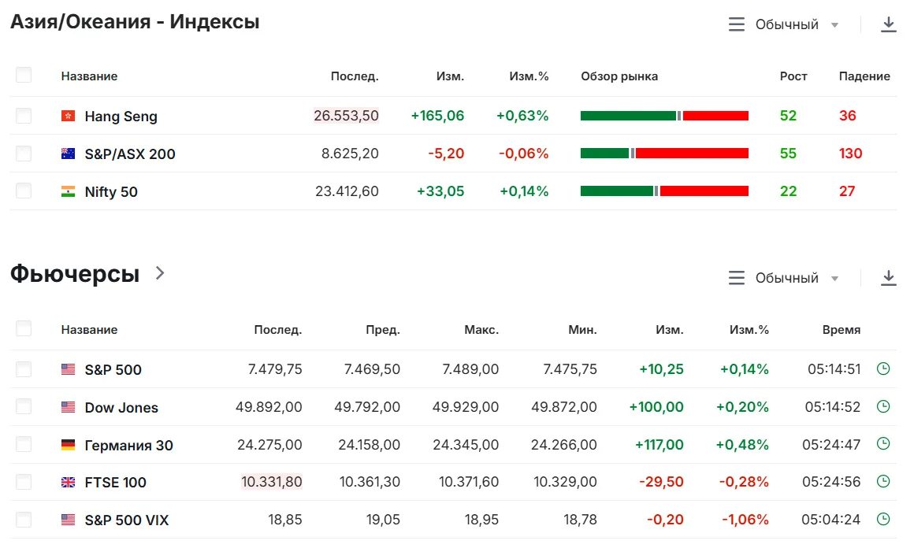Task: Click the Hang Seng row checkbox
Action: (24, 115)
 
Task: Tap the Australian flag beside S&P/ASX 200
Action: (69, 154)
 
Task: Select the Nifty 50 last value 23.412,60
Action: (347, 191)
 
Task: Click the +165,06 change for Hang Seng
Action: (438, 115)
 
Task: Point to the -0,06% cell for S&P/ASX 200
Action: (523, 154)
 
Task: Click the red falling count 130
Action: (850, 154)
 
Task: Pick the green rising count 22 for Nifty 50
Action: (788, 191)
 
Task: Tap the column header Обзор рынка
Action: (619, 76)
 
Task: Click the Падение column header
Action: (864, 76)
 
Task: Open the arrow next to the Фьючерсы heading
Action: (160, 272)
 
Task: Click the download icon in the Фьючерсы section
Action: (888, 278)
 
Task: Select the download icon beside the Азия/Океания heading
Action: (888, 24)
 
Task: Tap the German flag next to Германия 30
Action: (69, 445)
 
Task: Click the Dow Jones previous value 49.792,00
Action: (367, 406)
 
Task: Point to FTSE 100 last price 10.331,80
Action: (272, 482)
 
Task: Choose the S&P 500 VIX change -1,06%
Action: (745, 520)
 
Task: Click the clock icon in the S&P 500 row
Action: (884, 368)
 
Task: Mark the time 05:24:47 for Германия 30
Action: (831, 444)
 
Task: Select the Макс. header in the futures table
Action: (481, 330)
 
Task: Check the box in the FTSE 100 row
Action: (24, 482)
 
